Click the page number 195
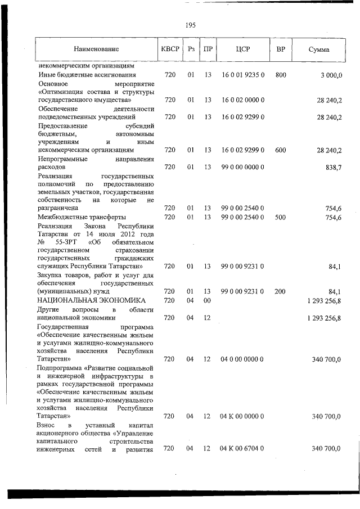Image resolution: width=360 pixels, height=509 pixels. click(x=190, y=24)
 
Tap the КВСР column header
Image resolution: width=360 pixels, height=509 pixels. click(x=170, y=49)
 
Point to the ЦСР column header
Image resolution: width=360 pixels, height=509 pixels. click(x=242, y=49)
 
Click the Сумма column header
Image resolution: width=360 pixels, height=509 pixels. click(x=319, y=49)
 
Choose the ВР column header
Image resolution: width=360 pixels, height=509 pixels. click(x=281, y=49)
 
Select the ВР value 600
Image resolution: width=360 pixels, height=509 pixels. click(x=281, y=150)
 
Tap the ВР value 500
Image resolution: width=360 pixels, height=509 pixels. click(x=281, y=217)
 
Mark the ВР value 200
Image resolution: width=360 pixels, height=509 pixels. click(x=281, y=291)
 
